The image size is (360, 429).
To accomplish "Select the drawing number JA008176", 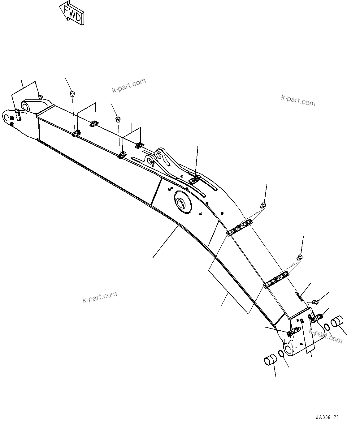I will tap(327, 418).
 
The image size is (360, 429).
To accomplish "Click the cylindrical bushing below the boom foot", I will tap(270, 361).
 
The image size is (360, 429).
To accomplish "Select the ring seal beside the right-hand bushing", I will tap(327, 327).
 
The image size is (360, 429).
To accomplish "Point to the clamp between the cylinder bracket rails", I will tap(194, 179).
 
